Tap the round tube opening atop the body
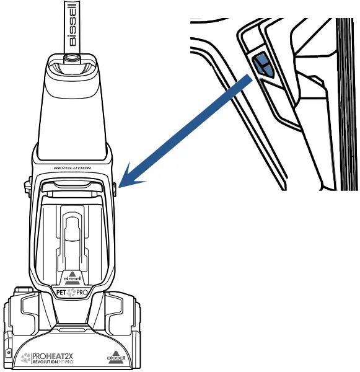72,57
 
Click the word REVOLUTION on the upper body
72,168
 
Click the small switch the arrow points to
115,189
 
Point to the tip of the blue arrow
118,187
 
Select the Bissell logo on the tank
72,278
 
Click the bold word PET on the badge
61,293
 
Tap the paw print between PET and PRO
71,293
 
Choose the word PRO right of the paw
82,293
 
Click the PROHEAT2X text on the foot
53,356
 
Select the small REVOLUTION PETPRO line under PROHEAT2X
53,362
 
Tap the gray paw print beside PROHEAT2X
25,358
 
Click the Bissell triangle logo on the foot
115,358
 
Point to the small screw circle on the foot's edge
9,353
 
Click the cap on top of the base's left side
24,290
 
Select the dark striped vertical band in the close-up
347,104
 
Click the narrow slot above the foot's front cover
72,330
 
